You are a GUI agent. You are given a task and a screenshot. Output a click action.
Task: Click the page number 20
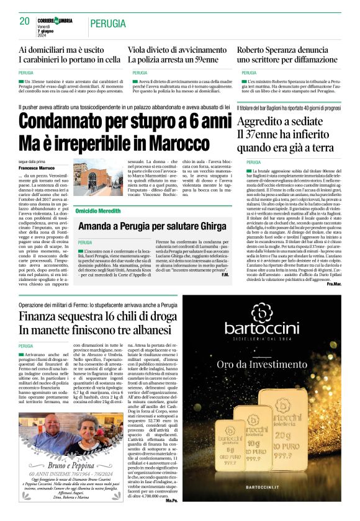pos(25,21)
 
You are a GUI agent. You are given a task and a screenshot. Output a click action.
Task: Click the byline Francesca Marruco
pos(37,168)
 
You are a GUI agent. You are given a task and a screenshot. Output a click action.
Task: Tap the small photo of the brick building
pos(89,179)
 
